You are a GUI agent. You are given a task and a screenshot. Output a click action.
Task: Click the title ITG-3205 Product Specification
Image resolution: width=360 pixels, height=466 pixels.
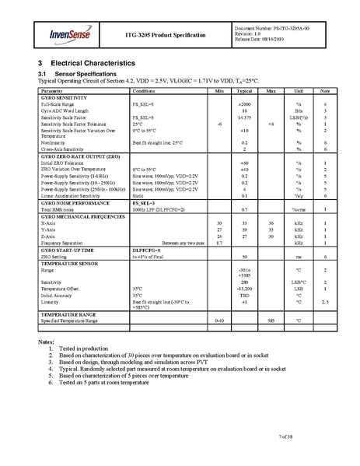coord(166,36)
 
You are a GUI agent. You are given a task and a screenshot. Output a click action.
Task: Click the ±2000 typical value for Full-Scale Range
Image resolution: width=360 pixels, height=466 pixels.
coord(245,103)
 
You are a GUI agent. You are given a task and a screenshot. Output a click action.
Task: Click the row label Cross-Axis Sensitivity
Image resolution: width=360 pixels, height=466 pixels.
coord(62,149)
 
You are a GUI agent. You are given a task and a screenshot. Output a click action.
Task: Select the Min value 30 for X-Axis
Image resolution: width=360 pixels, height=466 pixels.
coord(220,223)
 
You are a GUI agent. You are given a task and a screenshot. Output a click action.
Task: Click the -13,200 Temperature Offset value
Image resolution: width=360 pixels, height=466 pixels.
coord(245,288)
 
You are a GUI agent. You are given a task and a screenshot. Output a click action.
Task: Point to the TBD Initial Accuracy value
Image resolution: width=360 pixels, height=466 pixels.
coord(245,295)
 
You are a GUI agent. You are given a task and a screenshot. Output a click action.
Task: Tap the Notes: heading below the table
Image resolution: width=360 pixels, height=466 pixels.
coord(46,343)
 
